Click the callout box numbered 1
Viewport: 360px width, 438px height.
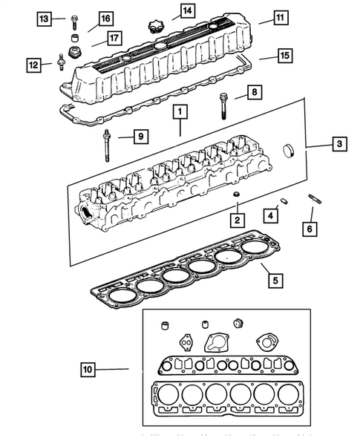[x=179, y=113]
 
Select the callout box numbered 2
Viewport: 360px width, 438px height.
[x=236, y=220]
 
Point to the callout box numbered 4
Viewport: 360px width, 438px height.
[x=272, y=215]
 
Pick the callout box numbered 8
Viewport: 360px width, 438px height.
[x=254, y=93]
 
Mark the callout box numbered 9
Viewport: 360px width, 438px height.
[x=138, y=135]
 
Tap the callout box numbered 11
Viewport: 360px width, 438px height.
[x=279, y=17]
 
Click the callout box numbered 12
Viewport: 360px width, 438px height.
[x=34, y=65]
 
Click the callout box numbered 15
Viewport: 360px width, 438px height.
[x=284, y=55]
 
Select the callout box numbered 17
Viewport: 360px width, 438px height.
[x=114, y=37]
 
